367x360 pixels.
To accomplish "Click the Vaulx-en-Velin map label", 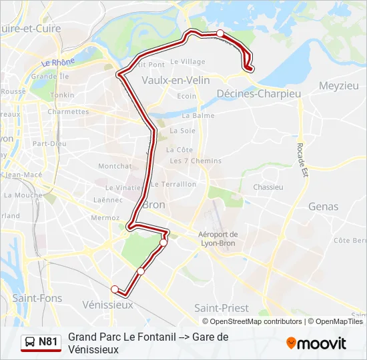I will pyautogui.click(x=176, y=80).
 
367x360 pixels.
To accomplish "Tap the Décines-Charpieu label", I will pyautogui.click(x=258, y=94).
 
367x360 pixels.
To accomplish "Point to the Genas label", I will pyautogui.click(x=324, y=207).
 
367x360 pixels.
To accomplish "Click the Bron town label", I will pyautogui.click(x=154, y=204).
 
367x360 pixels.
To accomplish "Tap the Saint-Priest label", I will pyautogui.click(x=221, y=308).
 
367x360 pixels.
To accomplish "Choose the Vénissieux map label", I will pyautogui.click(x=107, y=304).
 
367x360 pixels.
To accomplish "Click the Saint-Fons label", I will pyautogui.click(x=33, y=299).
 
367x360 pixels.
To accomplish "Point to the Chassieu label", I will pyautogui.click(x=268, y=187).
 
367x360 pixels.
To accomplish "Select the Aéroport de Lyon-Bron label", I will pyautogui.click(x=218, y=239).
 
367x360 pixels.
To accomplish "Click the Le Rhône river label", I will pyautogui.click(x=58, y=63).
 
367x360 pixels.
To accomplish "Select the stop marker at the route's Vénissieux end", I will pyautogui.click(x=115, y=289).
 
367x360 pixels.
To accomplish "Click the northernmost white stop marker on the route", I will pyautogui.click(x=220, y=33).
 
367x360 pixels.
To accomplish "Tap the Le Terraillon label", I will pyautogui.click(x=173, y=184).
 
